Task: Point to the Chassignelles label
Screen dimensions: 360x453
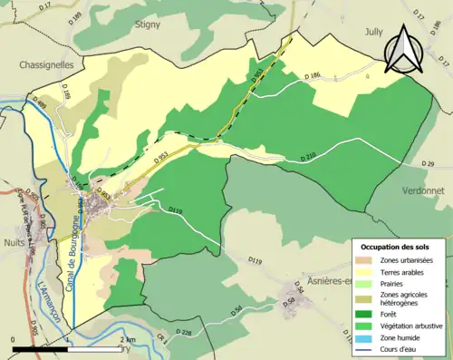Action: point(45,66)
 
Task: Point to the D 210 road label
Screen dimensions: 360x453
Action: point(308,158)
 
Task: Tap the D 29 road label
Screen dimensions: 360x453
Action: point(429,163)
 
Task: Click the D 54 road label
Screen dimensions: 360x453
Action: point(236,310)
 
